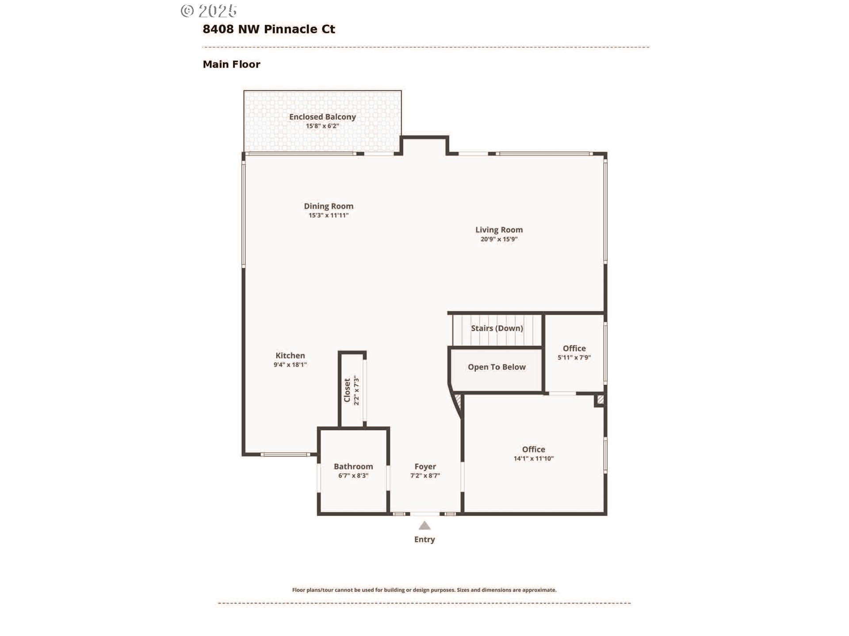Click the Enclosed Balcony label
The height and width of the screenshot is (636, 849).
[322, 117]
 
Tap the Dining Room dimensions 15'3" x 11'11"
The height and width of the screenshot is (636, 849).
[329, 216]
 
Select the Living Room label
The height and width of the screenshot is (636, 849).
[499, 230]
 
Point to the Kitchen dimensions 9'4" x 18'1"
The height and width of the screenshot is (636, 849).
[290, 365]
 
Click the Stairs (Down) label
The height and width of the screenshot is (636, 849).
[497, 328]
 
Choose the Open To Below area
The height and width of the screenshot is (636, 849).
[497, 367]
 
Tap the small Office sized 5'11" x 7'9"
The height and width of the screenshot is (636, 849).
[574, 352]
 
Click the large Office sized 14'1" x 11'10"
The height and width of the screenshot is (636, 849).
[533, 454]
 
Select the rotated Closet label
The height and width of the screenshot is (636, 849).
[347, 390]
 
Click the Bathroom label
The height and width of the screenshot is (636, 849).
[353, 466]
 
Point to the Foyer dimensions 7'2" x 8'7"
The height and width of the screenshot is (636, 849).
[425, 476]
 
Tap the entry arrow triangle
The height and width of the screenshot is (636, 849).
[424, 526]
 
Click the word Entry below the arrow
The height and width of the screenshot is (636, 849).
[424, 539]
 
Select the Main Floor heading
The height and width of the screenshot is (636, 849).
[231, 64]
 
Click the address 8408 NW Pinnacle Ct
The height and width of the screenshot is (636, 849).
[269, 29]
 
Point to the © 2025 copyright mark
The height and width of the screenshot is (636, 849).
[209, 11]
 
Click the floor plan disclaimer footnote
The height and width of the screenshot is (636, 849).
[424, 590]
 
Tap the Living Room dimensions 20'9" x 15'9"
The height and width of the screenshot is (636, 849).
[499, 239]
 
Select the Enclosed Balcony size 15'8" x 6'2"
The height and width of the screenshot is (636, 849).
[322, 126]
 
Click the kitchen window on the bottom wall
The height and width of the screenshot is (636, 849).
[284, 454]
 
